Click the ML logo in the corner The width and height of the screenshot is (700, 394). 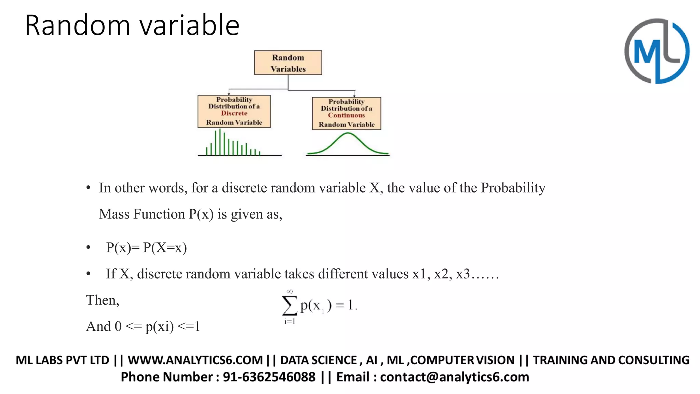click(x=657, y=51)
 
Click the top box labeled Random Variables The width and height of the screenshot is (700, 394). click(x=288, y=63)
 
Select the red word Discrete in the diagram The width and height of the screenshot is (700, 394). click(x=234, y=113)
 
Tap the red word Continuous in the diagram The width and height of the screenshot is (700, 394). click(x=346, y=115)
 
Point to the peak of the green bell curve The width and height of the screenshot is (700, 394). click(x=348, y=133)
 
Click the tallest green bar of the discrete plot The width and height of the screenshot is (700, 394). click(x=220, y=142)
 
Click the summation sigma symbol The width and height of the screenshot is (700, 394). click(x=289, y=305)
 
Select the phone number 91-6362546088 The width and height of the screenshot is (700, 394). click(x=269, y=377)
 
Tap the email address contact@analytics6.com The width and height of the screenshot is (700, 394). click(x=454, y=377)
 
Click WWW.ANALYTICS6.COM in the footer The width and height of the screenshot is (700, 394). click(x=195, y=360)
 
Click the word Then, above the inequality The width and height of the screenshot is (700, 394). click(x=103, y=300)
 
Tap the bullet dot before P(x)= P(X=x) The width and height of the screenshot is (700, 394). click(x=89, y=247)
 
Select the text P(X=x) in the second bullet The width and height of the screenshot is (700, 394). click(x=165, y=248)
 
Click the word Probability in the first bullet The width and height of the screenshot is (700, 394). click(x=513, y=188)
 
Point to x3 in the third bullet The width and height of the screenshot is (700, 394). click(x=463, y=274)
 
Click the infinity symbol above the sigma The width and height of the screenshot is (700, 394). click(x=290, y=291)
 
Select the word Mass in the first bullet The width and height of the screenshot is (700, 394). click(x=114, y=214)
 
